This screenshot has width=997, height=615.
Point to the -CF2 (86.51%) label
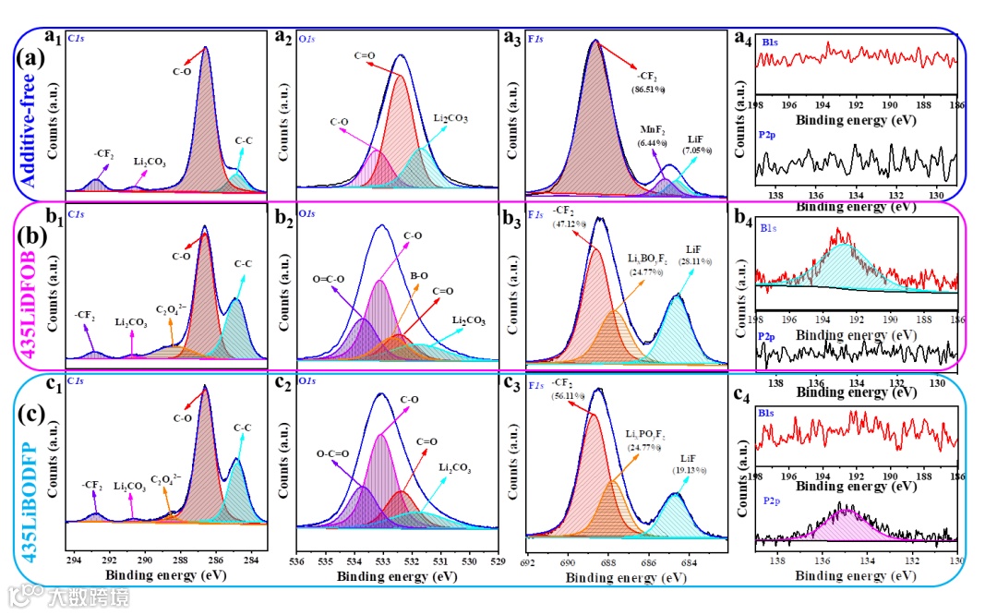[649, 81]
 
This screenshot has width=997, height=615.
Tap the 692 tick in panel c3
[527, 561]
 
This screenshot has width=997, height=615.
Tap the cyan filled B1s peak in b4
[845, 268]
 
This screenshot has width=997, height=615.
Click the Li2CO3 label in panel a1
[150, 162]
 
